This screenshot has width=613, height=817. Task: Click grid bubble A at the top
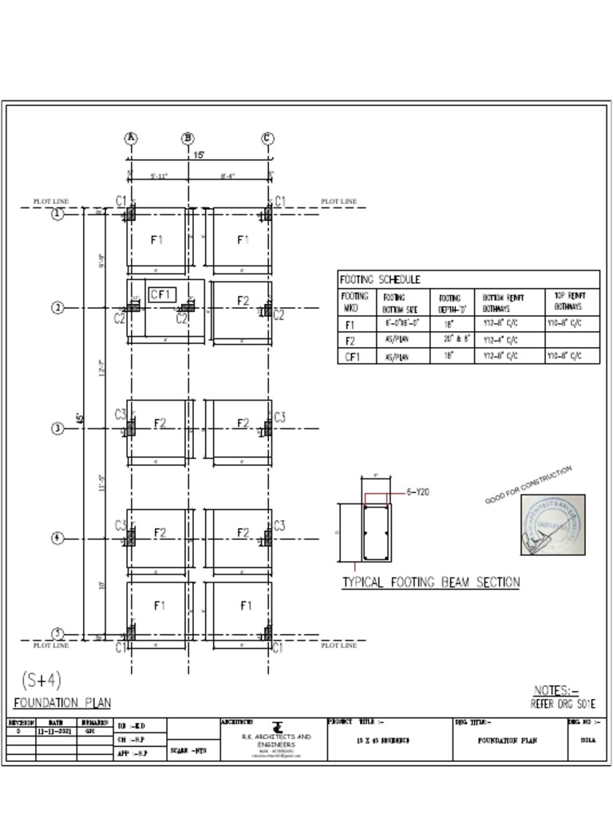coord(131,138)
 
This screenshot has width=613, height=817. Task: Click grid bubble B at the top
coord(188,138)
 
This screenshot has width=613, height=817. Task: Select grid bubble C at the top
coord(268,138)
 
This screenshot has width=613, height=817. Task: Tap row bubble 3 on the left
coord(58,428)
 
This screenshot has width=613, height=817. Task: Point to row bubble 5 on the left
coord(58,636)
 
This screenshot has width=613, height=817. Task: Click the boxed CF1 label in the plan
coord(162,294)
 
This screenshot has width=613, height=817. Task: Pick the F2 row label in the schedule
coord(350,341)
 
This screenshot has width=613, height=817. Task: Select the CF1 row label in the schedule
coord(352,357)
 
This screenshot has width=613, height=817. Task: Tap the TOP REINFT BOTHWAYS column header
coord(571,301)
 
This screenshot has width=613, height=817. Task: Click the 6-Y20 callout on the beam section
coord(418,492)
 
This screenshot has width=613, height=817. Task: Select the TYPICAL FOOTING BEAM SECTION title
coord(431,582)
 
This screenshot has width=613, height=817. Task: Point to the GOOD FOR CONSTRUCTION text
coord(528,485)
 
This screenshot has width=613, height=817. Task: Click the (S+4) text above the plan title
coord(41,681)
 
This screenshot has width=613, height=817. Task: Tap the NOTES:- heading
coord(556,690)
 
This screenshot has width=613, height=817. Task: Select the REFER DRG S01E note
coord(564,704)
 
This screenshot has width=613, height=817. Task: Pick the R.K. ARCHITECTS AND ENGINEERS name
coord(276,740)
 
